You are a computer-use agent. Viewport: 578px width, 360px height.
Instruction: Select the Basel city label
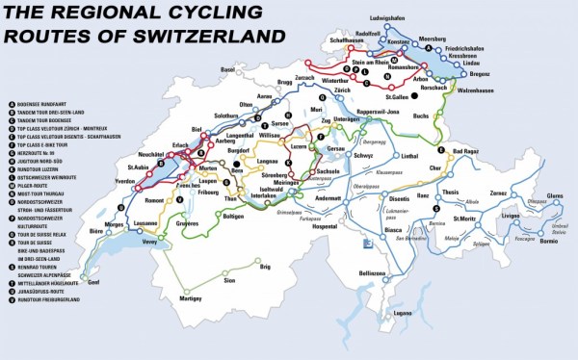228,69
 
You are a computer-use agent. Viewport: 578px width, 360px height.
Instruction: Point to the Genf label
92,283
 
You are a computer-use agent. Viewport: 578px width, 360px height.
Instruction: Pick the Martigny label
218,298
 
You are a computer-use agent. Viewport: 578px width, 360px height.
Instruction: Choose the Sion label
229,280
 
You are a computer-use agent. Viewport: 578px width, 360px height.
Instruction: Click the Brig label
266,267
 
